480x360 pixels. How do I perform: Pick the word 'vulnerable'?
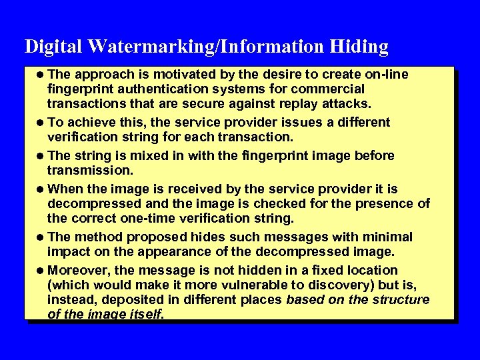click(247, 285)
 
